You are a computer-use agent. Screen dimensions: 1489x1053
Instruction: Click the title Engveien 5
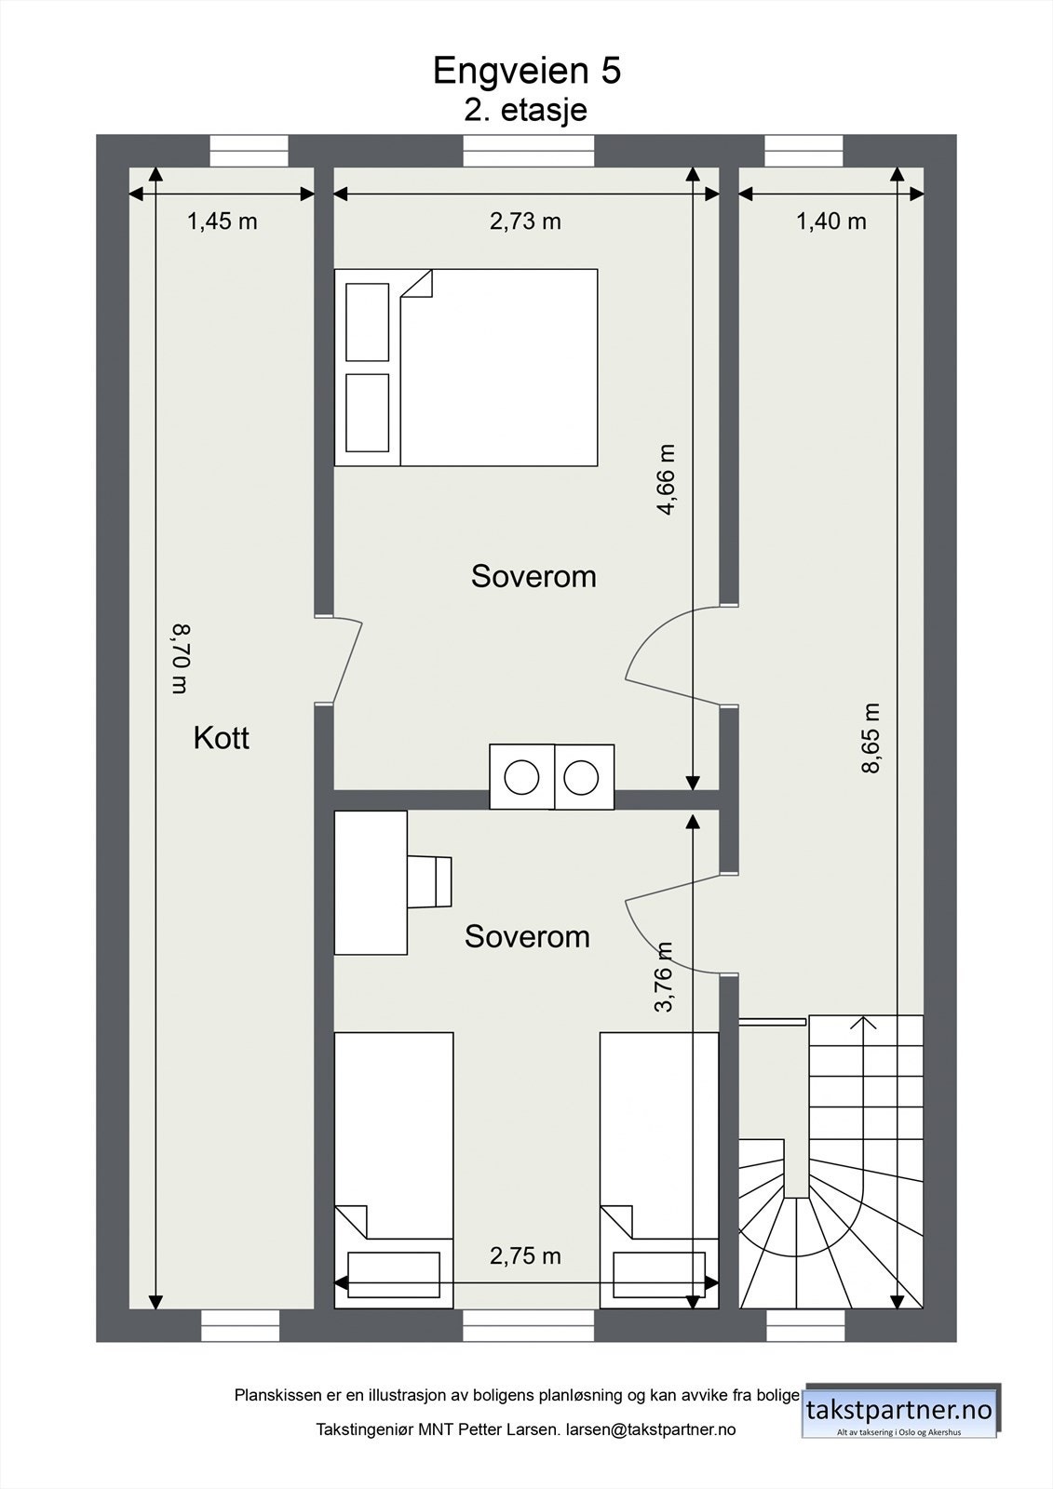[526, 71]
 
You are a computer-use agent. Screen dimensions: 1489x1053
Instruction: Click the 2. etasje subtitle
[526, 110]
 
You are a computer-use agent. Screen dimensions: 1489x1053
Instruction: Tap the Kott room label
[221, 738]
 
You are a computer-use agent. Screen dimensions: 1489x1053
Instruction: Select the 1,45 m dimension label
[222, 221]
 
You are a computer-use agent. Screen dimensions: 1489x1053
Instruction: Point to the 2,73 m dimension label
[526, 221]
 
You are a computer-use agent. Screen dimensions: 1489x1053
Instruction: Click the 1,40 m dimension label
[830, 221]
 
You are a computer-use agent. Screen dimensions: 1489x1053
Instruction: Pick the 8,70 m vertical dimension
[180, 659]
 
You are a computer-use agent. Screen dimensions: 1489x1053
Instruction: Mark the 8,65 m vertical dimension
[871, 738]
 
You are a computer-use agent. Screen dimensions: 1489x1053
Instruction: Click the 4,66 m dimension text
[666, 480]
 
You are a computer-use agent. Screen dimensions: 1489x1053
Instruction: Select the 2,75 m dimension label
[526, 1256]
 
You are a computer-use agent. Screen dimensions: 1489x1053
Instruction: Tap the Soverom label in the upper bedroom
[533, 576]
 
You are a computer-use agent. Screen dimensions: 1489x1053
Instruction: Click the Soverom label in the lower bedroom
[527, 936]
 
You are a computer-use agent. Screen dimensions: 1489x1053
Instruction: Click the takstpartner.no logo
[900, 1411]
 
